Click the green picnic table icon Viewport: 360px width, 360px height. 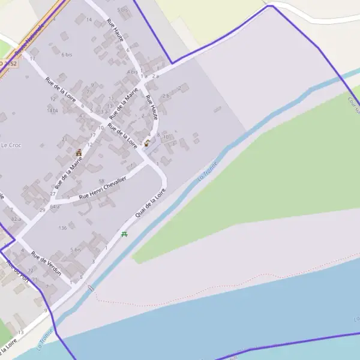point(124,234)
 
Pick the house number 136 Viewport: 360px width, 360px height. point(62,228)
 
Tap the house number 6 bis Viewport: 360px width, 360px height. point(67,55)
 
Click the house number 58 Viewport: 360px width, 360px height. point(101,181)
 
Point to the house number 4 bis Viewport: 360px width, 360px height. point(133,72)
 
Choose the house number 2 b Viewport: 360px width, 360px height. point(166,96)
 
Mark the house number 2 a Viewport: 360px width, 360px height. point(155,76)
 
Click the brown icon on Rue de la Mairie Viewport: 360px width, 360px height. point(79,152)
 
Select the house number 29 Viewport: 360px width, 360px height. point(42,210)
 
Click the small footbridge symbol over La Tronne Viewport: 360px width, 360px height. point(90,289)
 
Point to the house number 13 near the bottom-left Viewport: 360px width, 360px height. point(21,332)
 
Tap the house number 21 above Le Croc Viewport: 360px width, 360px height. point(65,139)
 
